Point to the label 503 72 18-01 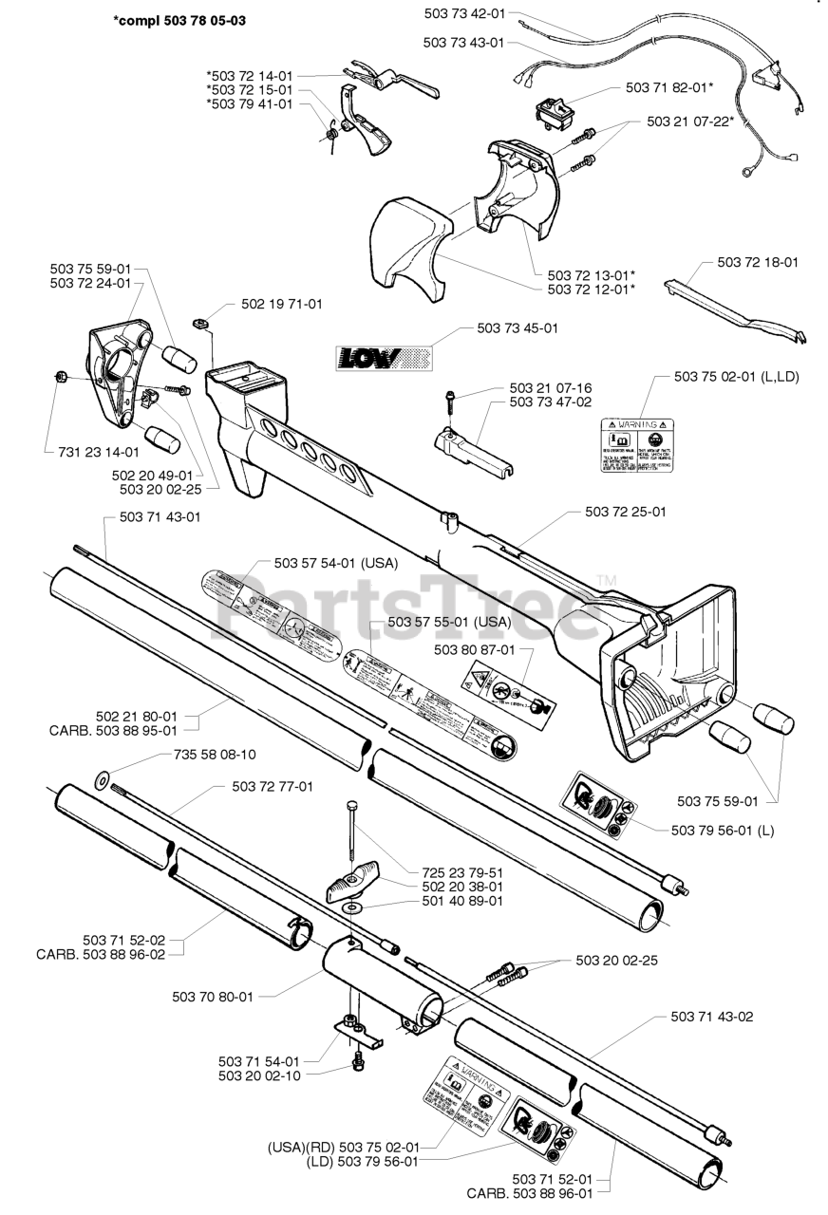coord(757,261)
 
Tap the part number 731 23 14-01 coord(92,453)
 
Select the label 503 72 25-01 coord(625,512)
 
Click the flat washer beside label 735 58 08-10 coord(101,782)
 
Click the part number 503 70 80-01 coord(213,997)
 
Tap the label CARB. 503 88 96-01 coord(530,1193)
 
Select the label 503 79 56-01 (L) coord(723,830)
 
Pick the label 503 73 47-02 coord(551,402)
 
